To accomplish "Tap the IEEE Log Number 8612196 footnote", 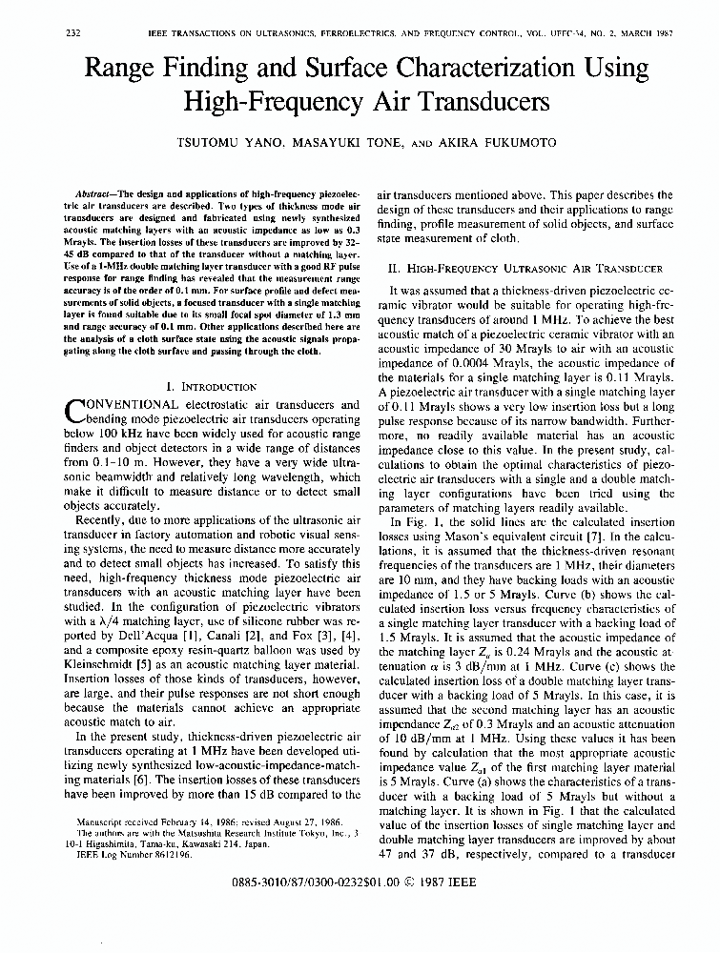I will [135, 856].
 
